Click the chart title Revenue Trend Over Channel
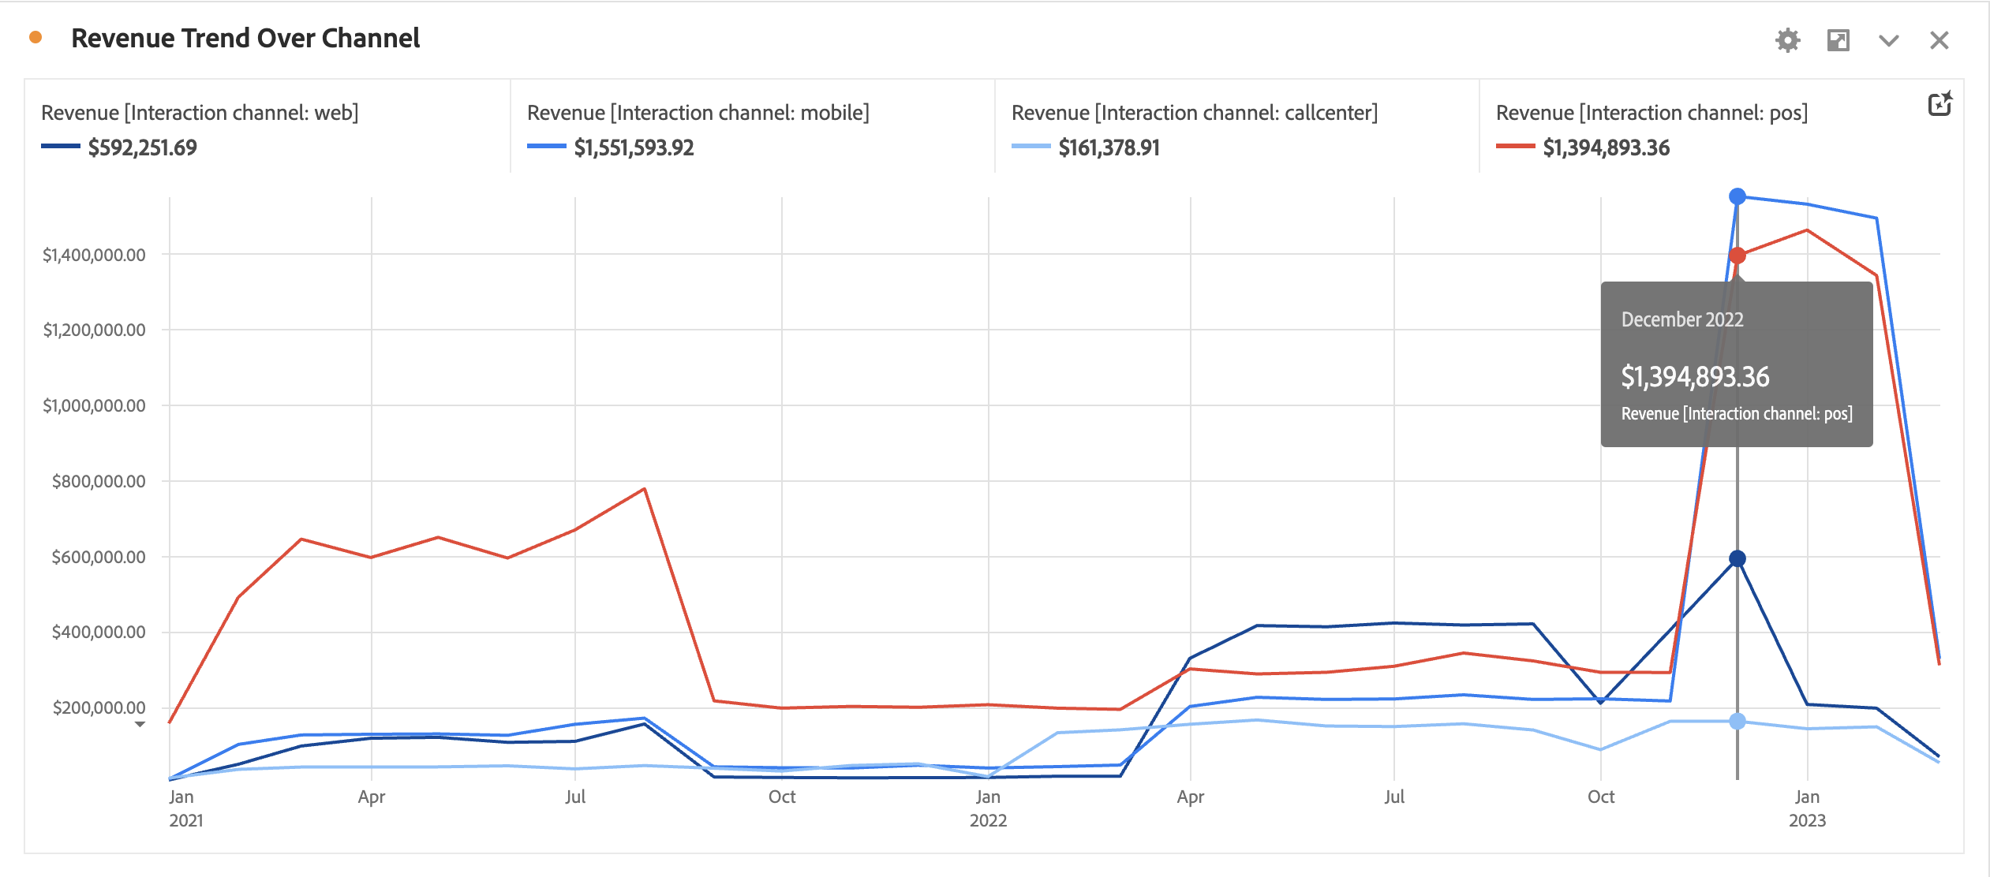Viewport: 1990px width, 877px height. (x=245, y=39)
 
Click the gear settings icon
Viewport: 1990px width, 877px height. (x=1787, y=40)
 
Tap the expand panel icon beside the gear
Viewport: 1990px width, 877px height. (x=1838, y=40)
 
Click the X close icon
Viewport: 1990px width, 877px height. (x=1939, y=40)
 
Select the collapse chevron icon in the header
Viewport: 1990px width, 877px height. (x=1888, y=40)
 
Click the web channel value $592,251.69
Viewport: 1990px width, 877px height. (x=142, y=147)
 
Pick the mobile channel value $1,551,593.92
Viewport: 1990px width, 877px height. (x=634, y=147)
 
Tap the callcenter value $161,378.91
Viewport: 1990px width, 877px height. (x=1109, y=147)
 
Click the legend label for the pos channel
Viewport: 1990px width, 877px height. (x=1651, y=113)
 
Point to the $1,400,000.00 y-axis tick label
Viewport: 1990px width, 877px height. (x=94, y=255)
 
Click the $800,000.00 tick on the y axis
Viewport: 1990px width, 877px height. (x=99, y=481)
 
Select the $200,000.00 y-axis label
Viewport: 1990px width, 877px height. (x=99, y=707)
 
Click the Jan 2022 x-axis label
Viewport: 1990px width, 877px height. (x=988, y=808)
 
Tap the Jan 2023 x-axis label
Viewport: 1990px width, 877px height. (x=1807, y=808)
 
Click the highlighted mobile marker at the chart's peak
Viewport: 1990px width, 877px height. (x=1738, y=196)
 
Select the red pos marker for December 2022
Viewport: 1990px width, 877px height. (x=1738, y=256)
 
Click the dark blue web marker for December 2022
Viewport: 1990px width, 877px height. (x=1738, y=558)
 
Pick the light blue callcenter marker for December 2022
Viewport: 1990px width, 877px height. (x=1738, y=721)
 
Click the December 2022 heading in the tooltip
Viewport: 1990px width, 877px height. (x=1682, y=319)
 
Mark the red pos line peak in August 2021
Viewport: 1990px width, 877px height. (x=645, y=489)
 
